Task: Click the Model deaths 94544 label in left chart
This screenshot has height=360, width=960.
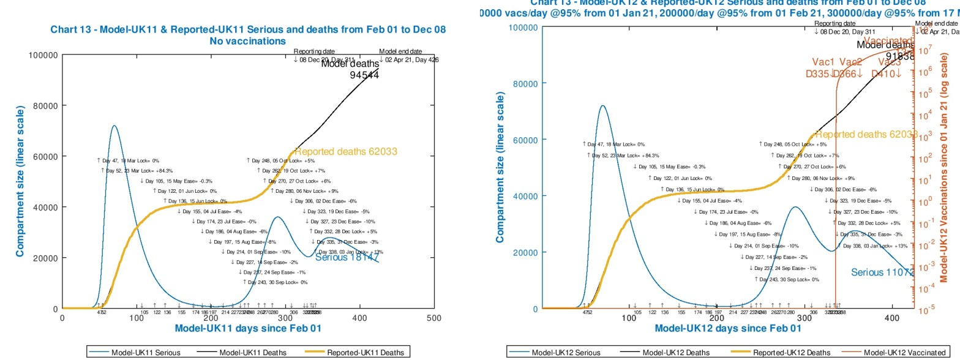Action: (x=350, y=69)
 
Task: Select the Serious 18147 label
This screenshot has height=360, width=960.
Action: (x=347, y=258)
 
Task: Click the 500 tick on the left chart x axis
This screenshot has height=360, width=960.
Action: (x=434, y=317)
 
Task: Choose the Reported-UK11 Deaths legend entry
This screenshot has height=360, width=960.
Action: (x=364, y=352)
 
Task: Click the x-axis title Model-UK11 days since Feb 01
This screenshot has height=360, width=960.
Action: (x=248, y=329)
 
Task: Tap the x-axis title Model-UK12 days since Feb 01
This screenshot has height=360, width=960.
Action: (x=728, y=329)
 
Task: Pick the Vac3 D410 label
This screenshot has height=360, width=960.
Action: (x=890, y=68)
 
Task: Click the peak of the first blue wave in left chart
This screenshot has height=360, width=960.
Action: (x=114, y=126)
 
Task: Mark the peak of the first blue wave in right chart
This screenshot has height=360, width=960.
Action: (x=603, y=105)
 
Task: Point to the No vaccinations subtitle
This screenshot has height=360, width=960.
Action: (x=248, y=41)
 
